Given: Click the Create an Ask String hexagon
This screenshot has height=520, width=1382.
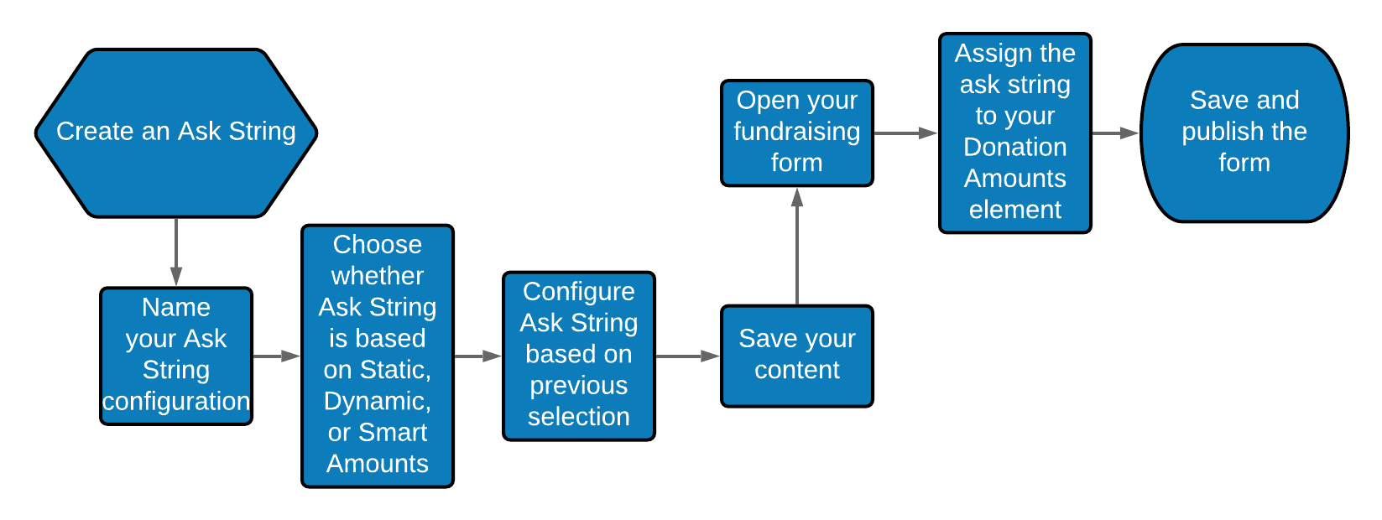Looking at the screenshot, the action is pos(176,133).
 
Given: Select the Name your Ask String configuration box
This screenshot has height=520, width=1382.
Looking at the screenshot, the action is pos(176,356).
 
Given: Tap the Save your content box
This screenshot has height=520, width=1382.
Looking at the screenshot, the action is pos(797,356).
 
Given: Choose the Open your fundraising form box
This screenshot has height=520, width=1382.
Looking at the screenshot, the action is pos(797,133).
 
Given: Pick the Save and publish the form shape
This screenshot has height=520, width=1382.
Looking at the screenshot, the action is pos(1244,133).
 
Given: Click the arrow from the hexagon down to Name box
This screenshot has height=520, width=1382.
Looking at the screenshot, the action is pos(176,252).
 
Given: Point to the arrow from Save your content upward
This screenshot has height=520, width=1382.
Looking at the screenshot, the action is pos(797,246).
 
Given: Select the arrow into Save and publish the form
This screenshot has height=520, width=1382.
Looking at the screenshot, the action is pos(1115,133).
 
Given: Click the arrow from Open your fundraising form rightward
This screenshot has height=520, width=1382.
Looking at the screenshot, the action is pos(906,133).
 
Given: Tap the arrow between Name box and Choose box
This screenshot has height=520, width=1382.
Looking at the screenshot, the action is pos(277,356).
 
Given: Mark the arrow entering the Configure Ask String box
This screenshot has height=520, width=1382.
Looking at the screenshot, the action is pos(478,356).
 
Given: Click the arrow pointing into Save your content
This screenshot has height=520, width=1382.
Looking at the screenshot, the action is pos(688,356).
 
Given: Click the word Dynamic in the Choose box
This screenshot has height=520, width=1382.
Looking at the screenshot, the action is pos(377,402).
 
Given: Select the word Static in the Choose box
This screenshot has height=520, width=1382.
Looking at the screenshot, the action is pos(395,370).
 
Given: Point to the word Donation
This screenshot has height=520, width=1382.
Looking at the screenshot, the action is pos(1015,148).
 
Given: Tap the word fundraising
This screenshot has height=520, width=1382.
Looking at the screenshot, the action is pos(797,132).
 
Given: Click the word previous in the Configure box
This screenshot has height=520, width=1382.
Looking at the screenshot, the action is pos(579,386).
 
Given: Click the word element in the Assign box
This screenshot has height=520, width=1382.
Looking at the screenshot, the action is pos(1015,210).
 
